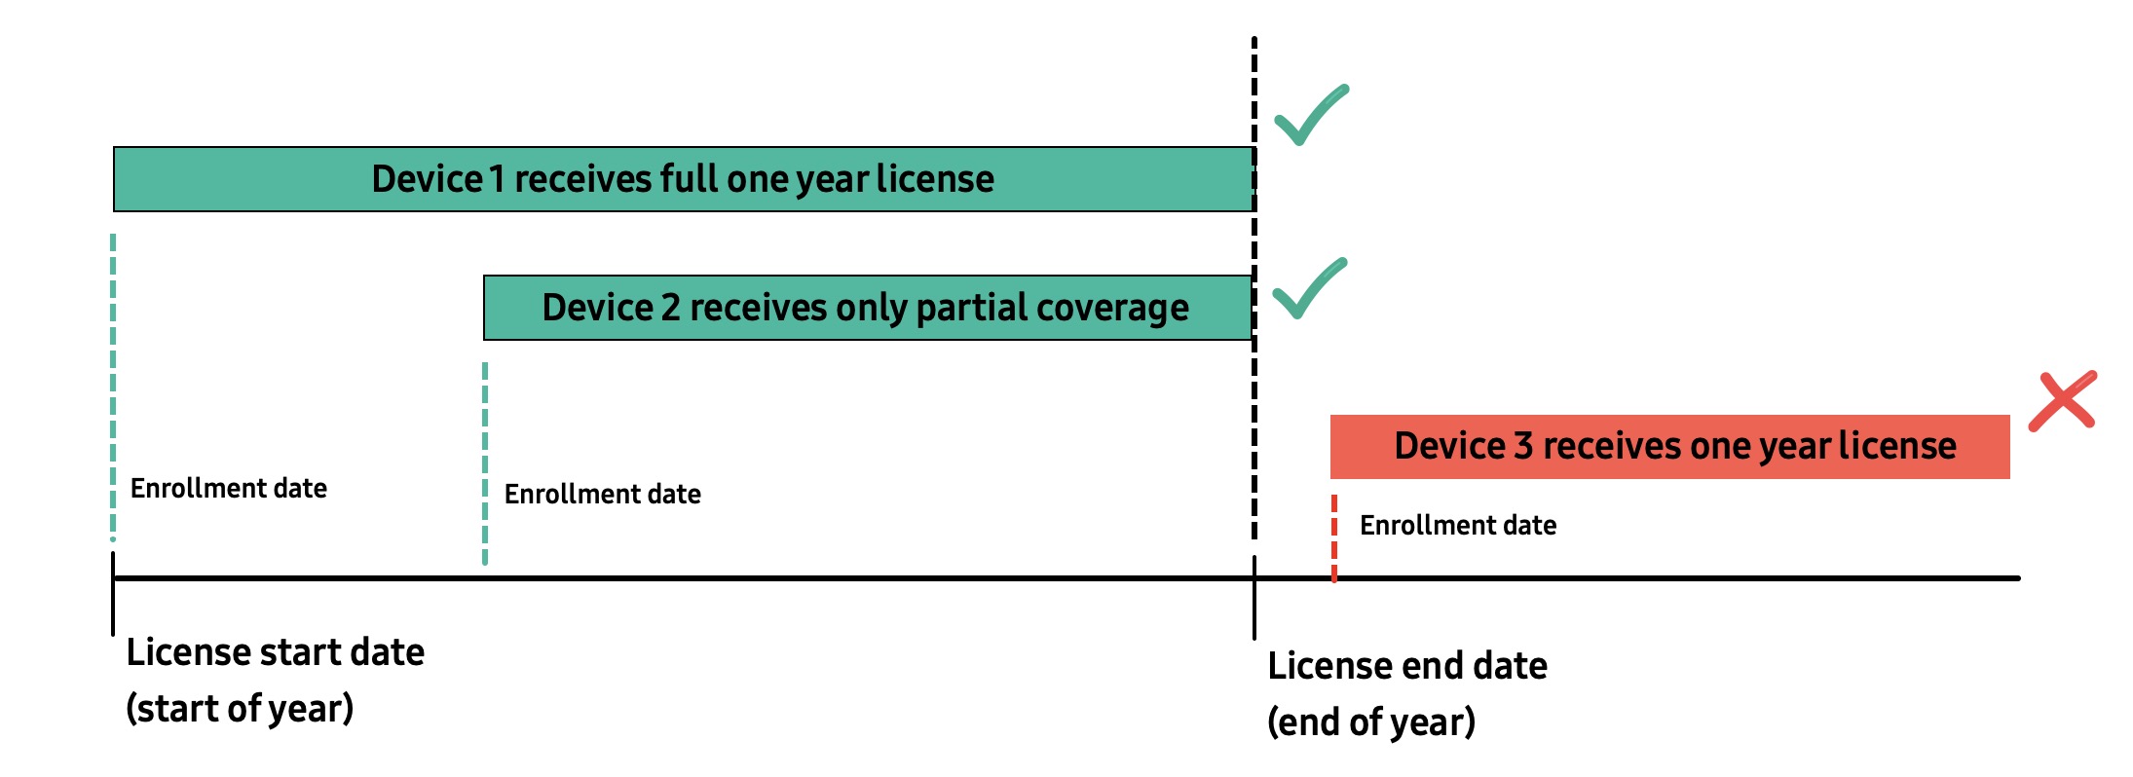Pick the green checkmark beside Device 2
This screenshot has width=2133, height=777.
tap(1308, 290)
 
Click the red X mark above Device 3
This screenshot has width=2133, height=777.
tap(2062, 400)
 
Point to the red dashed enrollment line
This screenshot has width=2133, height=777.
tap(1333, 537)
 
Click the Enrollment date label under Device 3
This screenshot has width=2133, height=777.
tap(1457, 526)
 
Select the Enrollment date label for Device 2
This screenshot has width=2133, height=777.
tap(602, 495)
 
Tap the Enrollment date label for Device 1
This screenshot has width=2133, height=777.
tap(228, 489)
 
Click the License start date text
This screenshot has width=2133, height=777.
tap(275, 652)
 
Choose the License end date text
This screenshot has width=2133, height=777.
tap(1406, 666)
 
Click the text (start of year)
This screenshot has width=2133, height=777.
tap(240, 709)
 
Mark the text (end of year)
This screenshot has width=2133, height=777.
tap(1370, 722)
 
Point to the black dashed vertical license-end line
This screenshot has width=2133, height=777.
tap(1254, 438)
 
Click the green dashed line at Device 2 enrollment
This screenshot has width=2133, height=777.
tap(484, 462)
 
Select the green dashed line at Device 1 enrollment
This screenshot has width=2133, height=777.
tap(113, 389)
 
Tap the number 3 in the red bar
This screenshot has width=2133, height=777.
tap(1523, 446)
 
